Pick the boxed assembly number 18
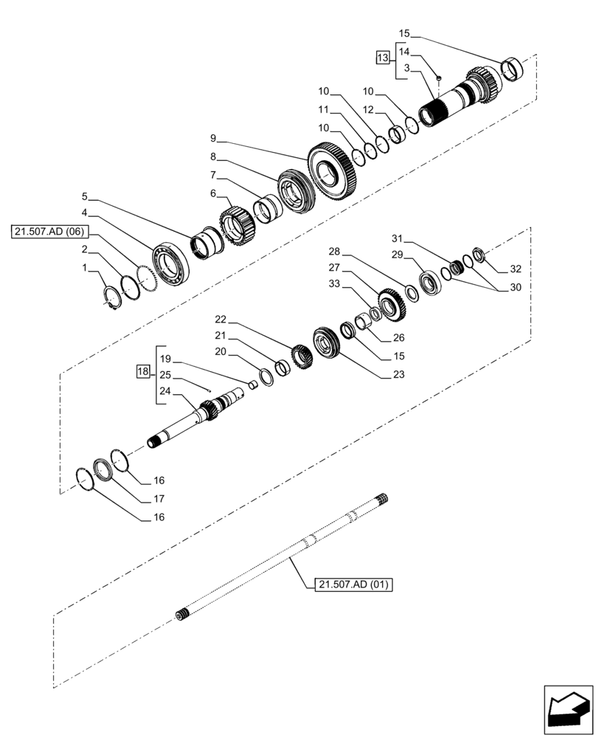coord(142,371)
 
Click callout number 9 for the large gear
coord(212,138)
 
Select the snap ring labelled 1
coord(111,297)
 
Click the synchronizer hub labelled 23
coord(325,343)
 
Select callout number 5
coord(85,196)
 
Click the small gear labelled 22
coord(302,357)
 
